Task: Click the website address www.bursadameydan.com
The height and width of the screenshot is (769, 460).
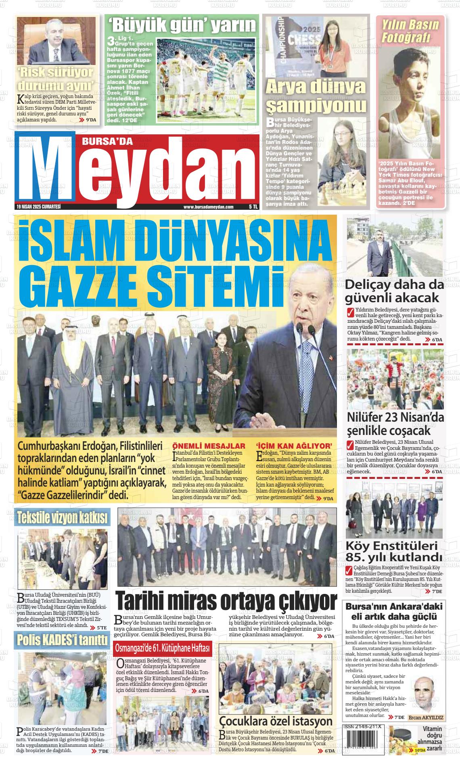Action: coord(208,207)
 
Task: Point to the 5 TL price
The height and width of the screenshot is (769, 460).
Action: coord(253,207)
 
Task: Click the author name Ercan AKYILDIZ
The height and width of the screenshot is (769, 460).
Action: coord(426,718)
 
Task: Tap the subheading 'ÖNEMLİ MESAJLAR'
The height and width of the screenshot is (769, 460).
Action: coord(209,446)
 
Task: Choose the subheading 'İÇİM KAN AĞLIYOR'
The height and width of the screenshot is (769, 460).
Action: coord(294,446)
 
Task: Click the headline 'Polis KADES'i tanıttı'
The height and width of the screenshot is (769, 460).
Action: coord(62,640)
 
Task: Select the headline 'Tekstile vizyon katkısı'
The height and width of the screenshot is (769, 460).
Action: coord(62,518)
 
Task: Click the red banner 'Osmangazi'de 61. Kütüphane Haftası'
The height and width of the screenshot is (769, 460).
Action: coord(163,648)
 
